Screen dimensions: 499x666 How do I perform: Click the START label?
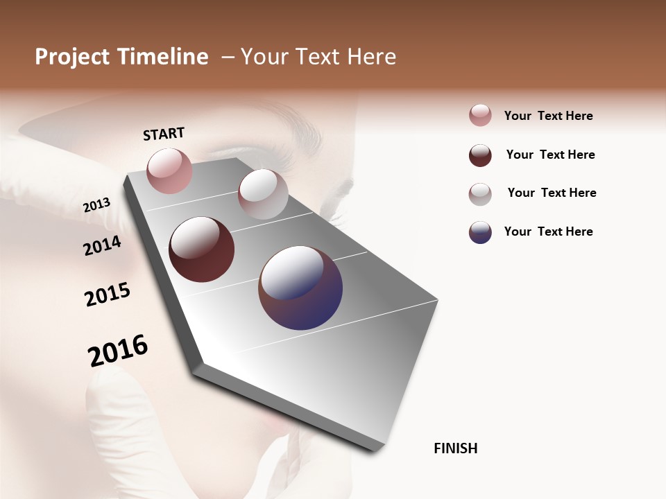click(x=164, y=134)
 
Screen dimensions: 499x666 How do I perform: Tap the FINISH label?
click(x=455, y=448)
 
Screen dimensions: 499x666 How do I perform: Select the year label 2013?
click(x=97, y=205)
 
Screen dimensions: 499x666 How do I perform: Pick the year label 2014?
click(x=103, y=245)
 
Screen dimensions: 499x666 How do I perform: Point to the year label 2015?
click(x=108, y=295)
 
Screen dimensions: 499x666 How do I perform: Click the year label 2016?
click(x=118, y=350)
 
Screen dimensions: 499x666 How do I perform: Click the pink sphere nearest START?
click(x=169, y=170)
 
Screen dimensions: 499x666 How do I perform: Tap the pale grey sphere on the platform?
click(x=263, y=194)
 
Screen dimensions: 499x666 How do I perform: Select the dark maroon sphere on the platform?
click(x=201, y=249)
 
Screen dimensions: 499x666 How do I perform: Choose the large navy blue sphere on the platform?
click(x=300, y=288)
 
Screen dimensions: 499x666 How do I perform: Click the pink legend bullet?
click(x=480, y=116)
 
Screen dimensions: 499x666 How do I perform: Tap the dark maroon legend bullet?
click(x=480, y=155)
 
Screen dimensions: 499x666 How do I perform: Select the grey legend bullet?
click(x=480, y=194)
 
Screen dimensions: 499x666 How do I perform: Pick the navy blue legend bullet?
click(x=480, y=232)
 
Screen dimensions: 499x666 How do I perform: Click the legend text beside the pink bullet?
click(x=548, y=116)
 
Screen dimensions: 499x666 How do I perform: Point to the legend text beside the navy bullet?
click(x=548, y=231)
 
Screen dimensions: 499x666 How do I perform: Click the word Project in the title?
click(x=71, y=58)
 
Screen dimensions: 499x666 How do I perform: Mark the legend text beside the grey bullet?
click(x=552, y=193)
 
